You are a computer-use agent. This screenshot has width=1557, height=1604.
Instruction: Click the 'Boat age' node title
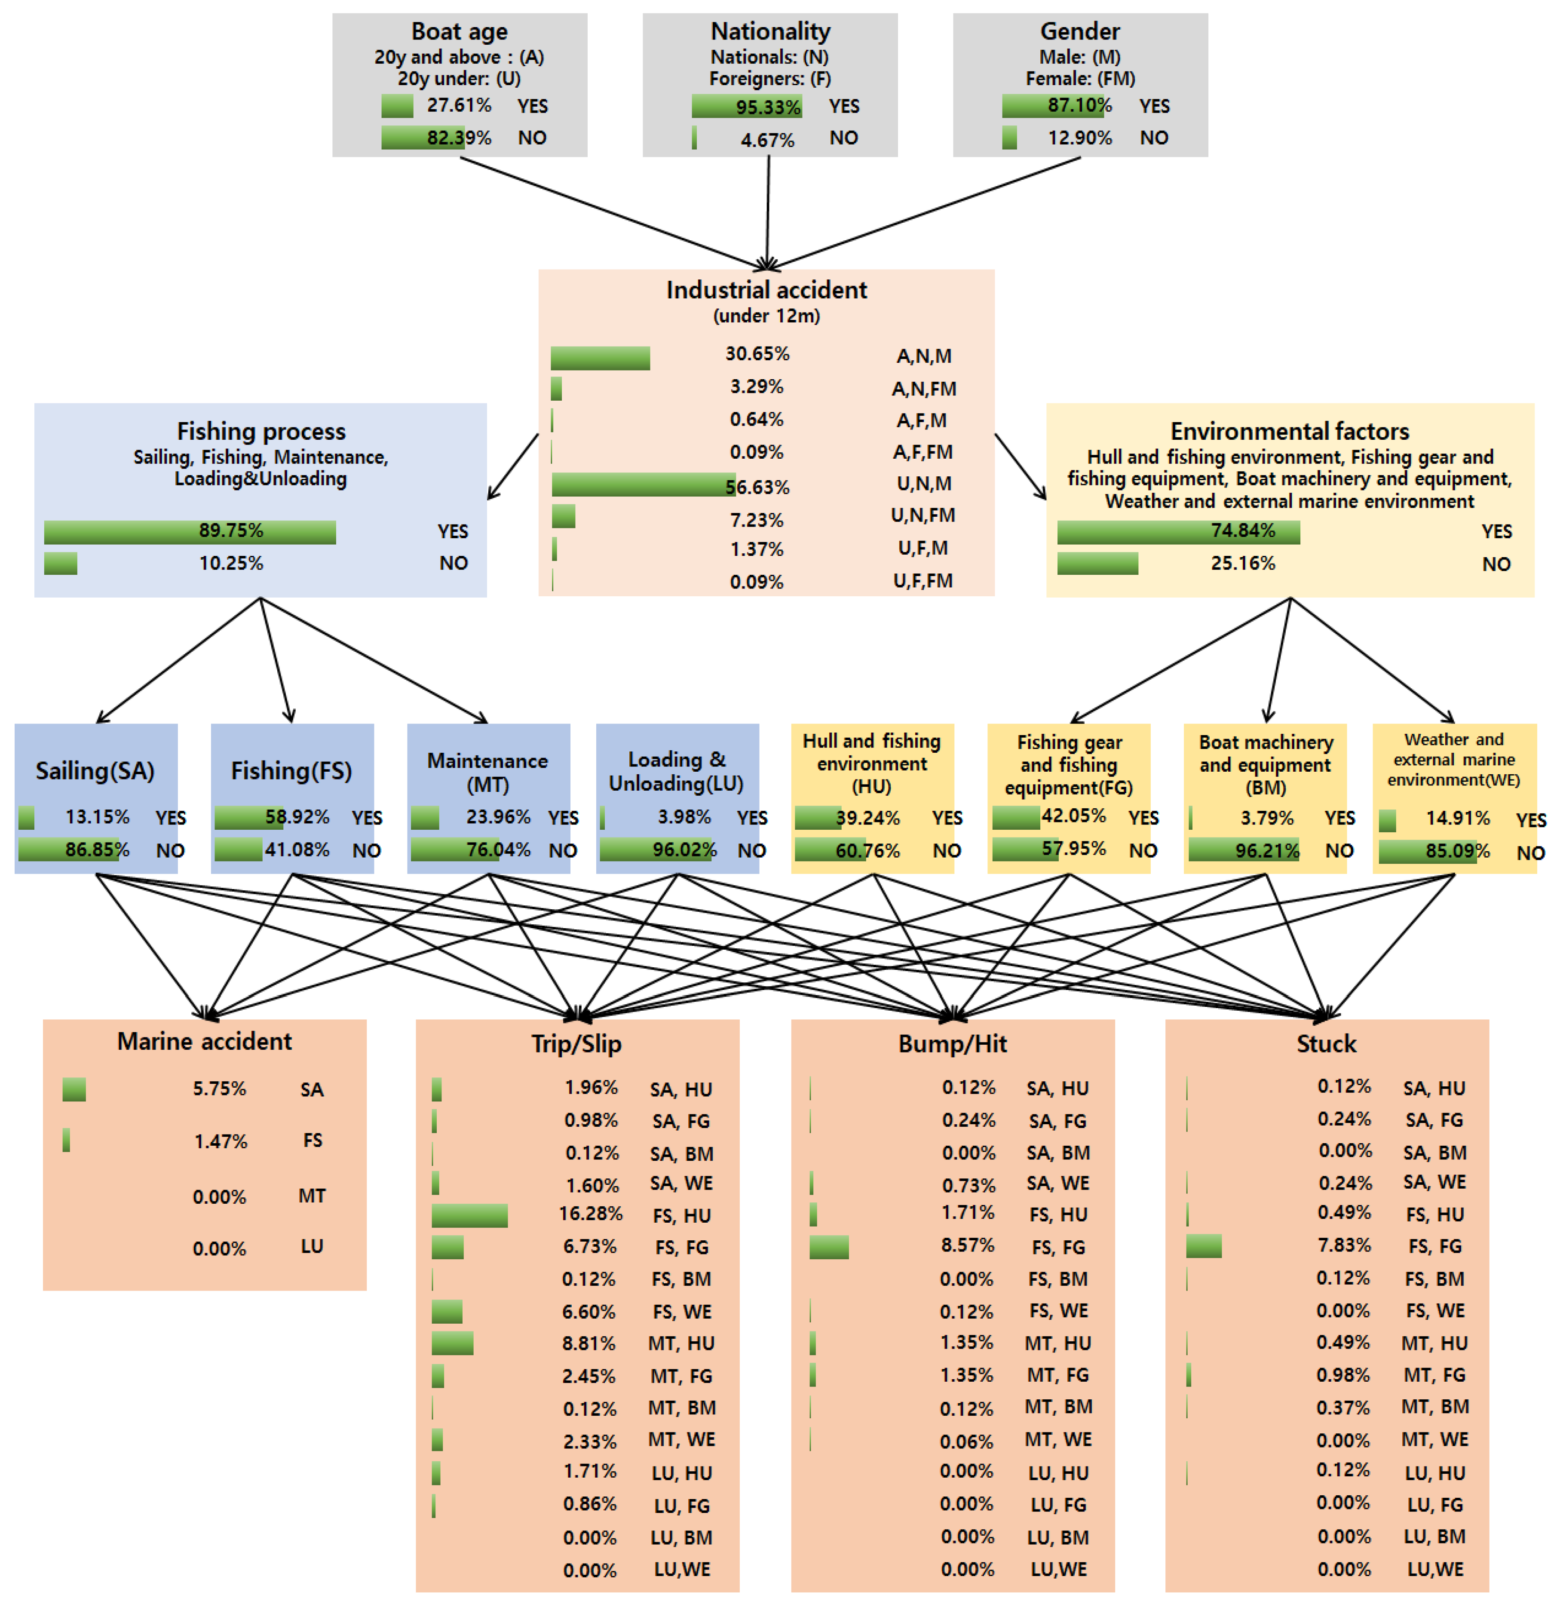click(x=459, y=31)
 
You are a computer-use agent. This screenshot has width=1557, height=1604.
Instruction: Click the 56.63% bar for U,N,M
click(x=642, y=485)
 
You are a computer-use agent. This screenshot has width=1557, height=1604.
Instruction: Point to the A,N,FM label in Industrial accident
click(x=924, y=389)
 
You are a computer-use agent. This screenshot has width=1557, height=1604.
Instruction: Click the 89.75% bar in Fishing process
click(x=190, y=532)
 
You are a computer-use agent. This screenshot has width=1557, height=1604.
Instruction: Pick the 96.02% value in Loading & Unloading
click(x=684, y=850)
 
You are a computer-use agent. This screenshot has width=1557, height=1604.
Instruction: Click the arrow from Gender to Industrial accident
click(x=925, y=213)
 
